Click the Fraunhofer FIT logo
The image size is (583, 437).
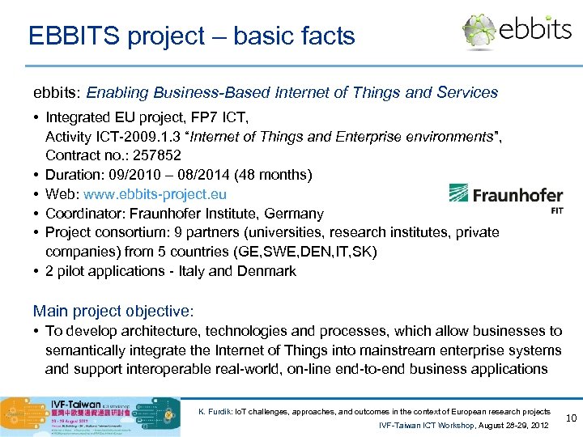[x=506, y=197]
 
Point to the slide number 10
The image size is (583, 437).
[x=570, y=418]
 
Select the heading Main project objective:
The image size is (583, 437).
[x=113, y=311]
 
